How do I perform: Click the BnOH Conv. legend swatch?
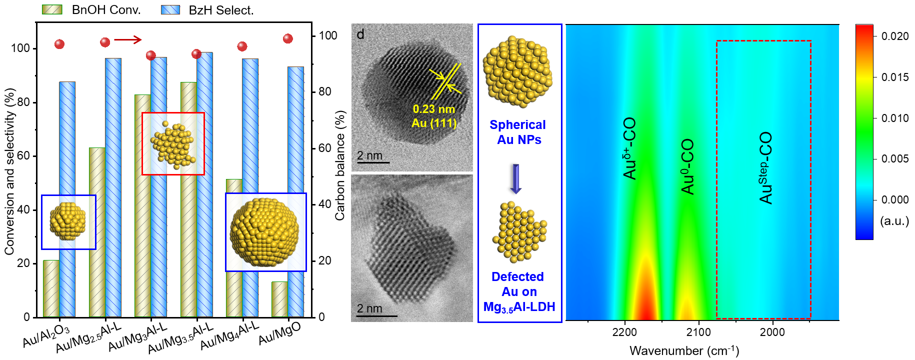pyautogui.click(x=52, y=9)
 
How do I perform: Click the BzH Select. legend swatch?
pyautogui.click(x=170, y=9)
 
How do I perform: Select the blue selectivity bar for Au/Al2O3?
pyautogui.click(x=67, y=150)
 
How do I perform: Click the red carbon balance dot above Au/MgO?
pyautogui.click(x=287, y=38)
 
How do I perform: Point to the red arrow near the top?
pyautogui.click(x=128, y=39)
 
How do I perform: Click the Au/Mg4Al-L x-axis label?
pyautogui.click(x=229, y=335)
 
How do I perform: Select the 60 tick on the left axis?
pyautogui.click(x=23, y=156)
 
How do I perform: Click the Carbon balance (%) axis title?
pyautogui.click(x=340, y=165)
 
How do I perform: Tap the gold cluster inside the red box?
pyautogui.click(x=172, y=144)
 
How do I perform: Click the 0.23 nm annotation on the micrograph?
pyautogui.click(x=433, y=109)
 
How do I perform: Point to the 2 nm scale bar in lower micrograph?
pyautogui.click(x=377, y=315)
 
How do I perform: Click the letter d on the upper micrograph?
pyautogui.click(x=360, y=34)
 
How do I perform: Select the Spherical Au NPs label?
pyautogui.click(x=518, y=132)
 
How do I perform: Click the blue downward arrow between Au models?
pyautogui.click(x=515, y=178)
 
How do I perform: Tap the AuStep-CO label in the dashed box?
pyautogui.click(x=765, y=168)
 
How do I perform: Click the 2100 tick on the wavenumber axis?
pyautogui.click(x=698, y=332)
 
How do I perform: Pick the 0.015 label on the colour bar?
pyautogui.click(x=894, y=77)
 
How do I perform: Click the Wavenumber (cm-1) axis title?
pyautogui.click(x=684, y=350)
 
